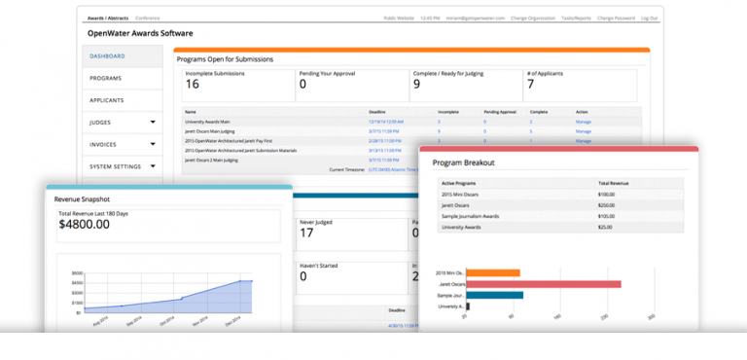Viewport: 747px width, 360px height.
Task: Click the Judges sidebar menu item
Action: coord(100,123)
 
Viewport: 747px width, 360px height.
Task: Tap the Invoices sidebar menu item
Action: coord(102,144)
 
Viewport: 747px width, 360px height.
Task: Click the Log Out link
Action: coord(649,18)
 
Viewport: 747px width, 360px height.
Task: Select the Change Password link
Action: coord(615,18)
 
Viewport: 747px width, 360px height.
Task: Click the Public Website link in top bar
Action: coord(399,18)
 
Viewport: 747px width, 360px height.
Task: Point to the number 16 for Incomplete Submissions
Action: coord(193,85)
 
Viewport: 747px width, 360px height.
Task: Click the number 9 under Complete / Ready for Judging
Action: coord(416,85)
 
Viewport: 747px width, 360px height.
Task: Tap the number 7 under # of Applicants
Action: coord(530,85)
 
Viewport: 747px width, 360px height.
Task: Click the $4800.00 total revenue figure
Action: coord(84,224)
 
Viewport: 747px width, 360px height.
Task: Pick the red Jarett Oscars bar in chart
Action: coord(544,283)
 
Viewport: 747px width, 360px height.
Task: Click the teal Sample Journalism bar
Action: coord(495,295)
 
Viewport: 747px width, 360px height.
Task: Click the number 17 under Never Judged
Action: coord(306,233)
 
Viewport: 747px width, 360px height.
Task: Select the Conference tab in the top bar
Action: coord(148,18)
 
